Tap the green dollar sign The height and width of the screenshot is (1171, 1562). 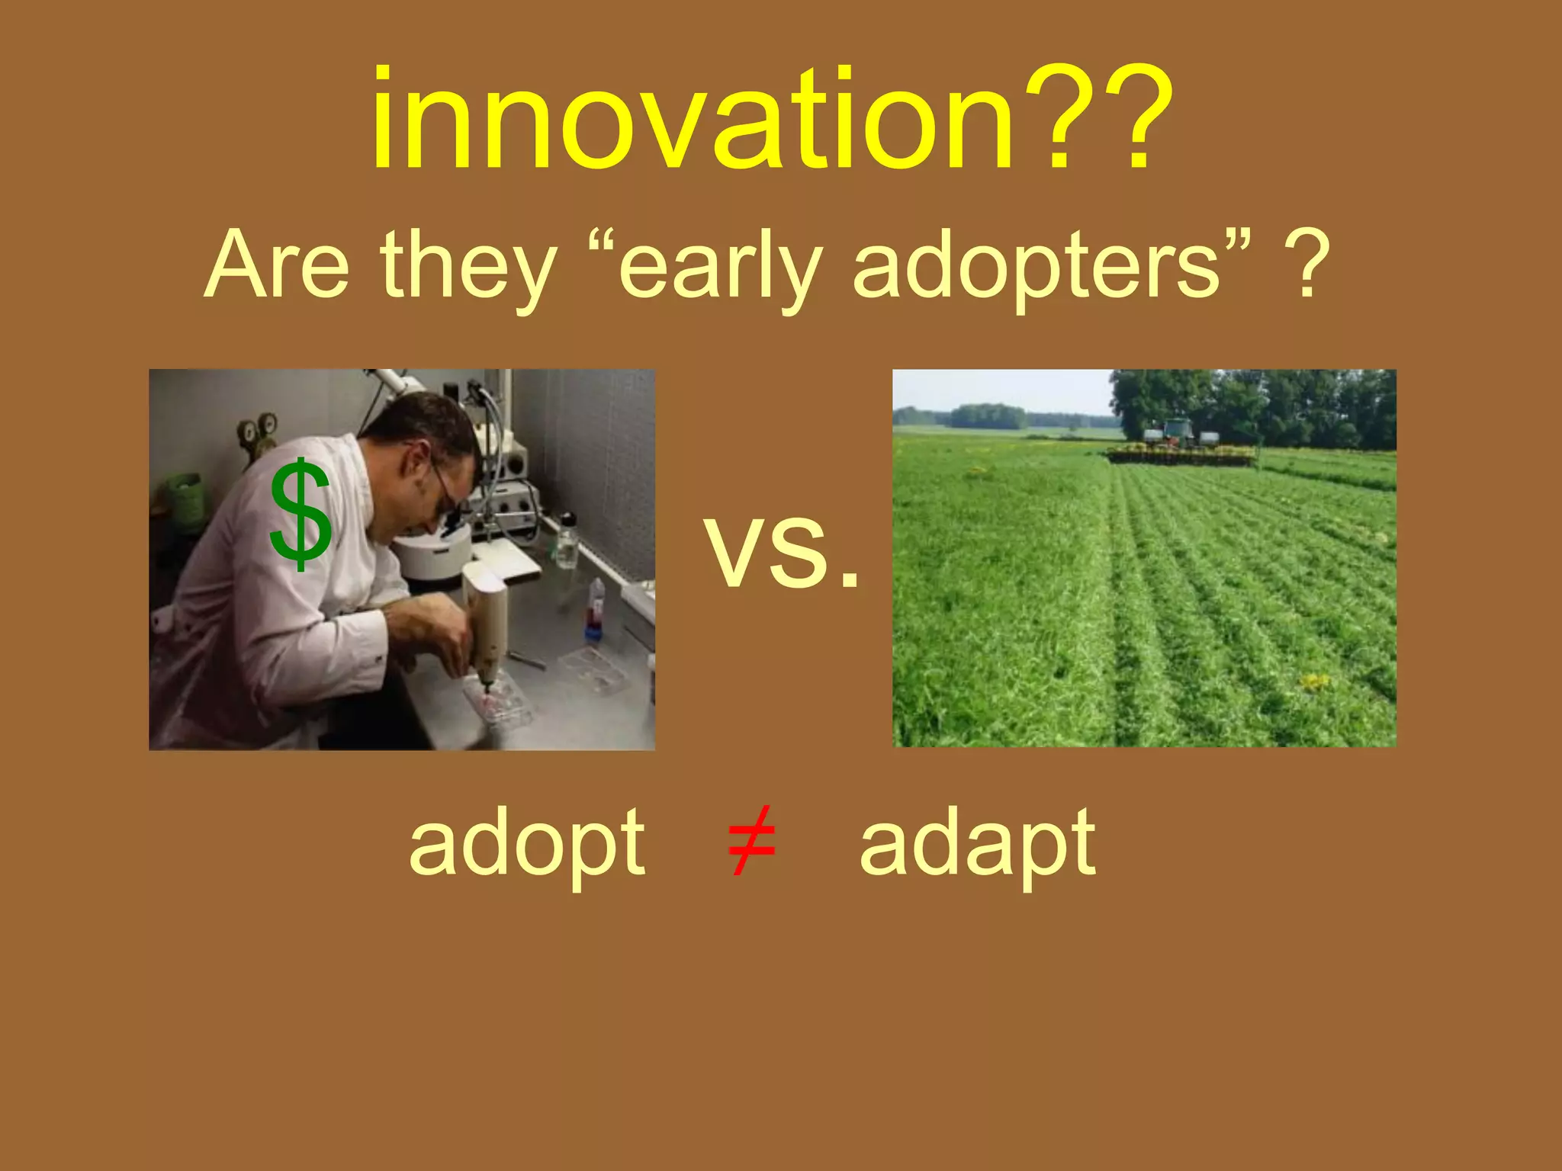(x=301, y=515)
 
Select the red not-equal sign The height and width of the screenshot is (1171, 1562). (x=751, y=841)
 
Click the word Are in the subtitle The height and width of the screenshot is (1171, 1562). (x=276, y=265)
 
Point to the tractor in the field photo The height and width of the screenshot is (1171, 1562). (x=1177, y=435)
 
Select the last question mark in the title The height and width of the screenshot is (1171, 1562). (x=1136, y=120)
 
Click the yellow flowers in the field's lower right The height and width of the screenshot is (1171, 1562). (x=1313, y=681)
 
